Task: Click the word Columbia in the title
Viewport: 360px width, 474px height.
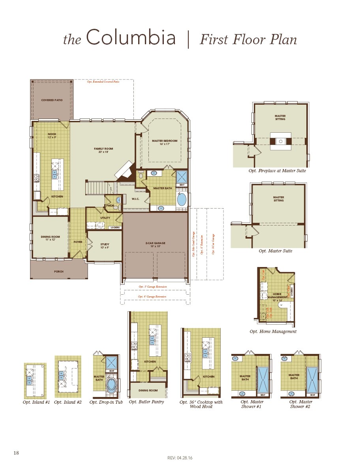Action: click(x=131, y=38)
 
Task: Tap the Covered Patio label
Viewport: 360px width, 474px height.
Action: click(x=52, y=100)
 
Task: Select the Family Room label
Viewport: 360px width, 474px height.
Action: click(x=103, y=149)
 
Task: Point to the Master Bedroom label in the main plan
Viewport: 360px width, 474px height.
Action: click(x=165, y=141)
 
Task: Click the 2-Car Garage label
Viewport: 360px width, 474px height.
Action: click(x=155, y=243)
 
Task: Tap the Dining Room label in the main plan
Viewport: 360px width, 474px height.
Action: click(x=50, y=237)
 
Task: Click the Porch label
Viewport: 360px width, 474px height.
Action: click(x=58, y=272)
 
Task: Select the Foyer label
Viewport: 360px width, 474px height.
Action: click(x=78, y=242)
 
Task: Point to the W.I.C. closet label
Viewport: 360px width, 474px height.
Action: click(x=135, y=199)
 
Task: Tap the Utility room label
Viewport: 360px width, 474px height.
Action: click(x=105, y=218)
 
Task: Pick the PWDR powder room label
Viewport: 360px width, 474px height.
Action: click(x=110, y=205)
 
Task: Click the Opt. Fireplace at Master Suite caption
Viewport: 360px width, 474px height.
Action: click(x=277, y=171)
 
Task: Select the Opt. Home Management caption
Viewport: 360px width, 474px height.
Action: click(x=273, y=331)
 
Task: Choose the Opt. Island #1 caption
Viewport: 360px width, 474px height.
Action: click(x=36, y=402)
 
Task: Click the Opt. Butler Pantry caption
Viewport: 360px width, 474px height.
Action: click(x=146, y=402)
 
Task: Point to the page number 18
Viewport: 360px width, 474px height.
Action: click(x=16, y=453)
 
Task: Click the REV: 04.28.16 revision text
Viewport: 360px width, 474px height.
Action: click(x=180, y=458)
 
